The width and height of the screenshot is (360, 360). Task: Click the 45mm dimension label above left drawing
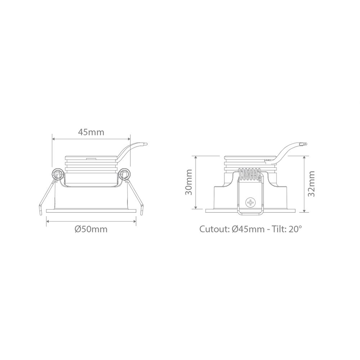pyautogui.click(x=91, y=132)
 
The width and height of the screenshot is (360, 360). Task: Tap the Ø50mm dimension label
pyautogui.click(x=91, y=229)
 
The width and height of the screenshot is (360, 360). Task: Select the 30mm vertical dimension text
pyautogui.click(x=189, y=182)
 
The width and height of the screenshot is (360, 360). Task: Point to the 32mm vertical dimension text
pyautogui.click(x=311, y=184)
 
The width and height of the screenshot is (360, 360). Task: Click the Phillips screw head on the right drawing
pyautogui.click(x=250, y=202)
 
